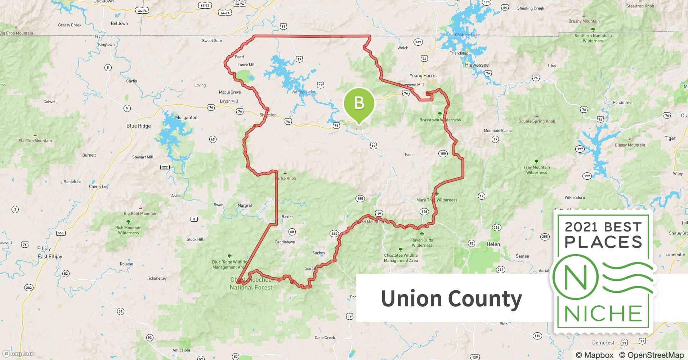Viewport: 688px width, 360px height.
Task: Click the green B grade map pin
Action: [x=359, y=104]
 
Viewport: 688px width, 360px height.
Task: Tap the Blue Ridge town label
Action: [x=138, y=126]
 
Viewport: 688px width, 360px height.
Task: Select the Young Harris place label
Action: [x=423, y=76]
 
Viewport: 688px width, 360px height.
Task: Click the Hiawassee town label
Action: [x=477, y=65]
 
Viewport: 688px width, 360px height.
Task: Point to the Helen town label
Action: [x=493, y=244]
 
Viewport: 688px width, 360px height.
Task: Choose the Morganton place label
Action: [x=186, y=118]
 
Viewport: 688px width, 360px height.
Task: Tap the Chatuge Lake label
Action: [x=467, y=35]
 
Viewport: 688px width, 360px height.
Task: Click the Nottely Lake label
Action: [x=303, y=92]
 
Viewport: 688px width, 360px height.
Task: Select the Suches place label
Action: [x=318, y=253]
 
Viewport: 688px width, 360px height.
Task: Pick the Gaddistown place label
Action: [x=285, y=242]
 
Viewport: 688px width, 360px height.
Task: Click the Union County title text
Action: [x=451, y=298]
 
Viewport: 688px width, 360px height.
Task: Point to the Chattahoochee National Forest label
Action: [x=251, y=284]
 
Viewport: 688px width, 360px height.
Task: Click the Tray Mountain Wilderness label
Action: [x=536, y=170]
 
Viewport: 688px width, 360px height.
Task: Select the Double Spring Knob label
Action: [x=536, y=121]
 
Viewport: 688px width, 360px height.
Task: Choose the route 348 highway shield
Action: [x=424, y=212]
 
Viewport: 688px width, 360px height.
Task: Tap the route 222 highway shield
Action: [x=165, y=167]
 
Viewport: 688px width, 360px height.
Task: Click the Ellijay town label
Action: [x=44, y=249]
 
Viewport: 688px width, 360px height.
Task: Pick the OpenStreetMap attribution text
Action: [x=651, y=355]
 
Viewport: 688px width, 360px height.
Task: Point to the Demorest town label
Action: [x=603, y=343]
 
